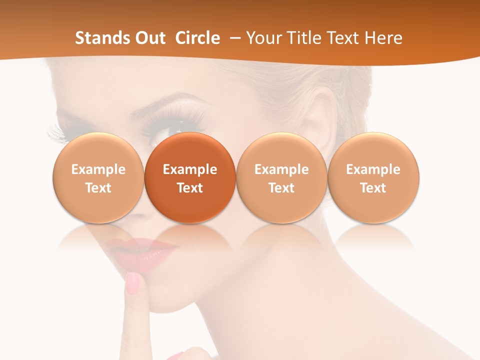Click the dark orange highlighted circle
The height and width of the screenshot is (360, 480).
click(190, 177)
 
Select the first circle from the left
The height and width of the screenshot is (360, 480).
click(98, 177)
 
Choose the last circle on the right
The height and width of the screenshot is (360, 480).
click(373, 177)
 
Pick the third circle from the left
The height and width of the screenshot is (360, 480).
click(281, 177)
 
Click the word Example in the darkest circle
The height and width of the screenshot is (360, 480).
click(190, 169)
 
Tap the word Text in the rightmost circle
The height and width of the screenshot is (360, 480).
click(373, 188)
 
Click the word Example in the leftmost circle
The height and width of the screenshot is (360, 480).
click(98, 169)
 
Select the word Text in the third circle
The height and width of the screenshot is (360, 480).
click(281, 188)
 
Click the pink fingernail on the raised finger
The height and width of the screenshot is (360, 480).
click(133, 283)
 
